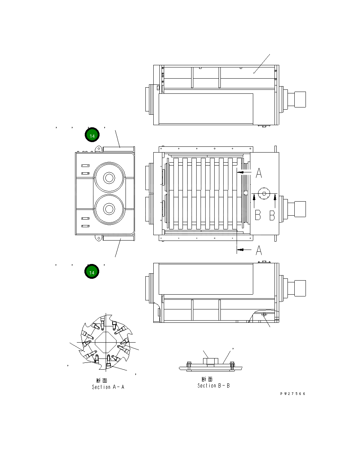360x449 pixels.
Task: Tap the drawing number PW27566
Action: (293, 393)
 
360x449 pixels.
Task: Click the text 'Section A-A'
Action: (108, 387)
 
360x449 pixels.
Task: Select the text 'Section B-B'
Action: (213, 386)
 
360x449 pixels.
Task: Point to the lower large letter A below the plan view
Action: (259, 250)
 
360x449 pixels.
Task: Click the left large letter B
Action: (258, 215)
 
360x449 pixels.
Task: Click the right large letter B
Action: (272, 215)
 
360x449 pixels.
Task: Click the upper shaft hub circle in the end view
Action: (109, 178)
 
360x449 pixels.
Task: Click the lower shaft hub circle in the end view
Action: (109, 209)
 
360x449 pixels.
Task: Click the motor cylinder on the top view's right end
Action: (300, 99)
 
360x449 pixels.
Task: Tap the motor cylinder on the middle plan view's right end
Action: (300, 209)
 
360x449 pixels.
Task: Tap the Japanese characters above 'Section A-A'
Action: (101, 380)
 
